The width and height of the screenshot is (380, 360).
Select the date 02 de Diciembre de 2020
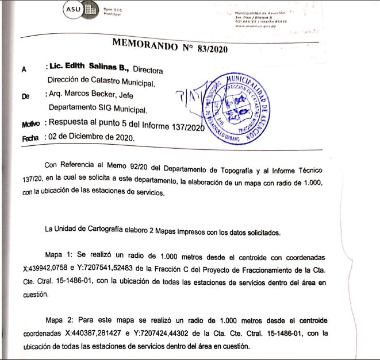pos(94,138)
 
